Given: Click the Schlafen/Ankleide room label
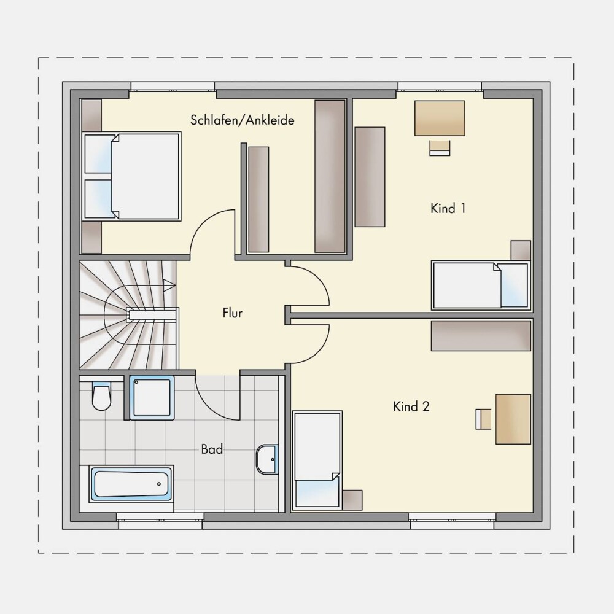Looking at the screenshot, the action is click(x=242, y=120).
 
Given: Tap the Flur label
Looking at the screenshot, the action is click(x=233, y=313).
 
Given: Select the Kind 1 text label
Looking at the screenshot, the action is click(x=448, y=208).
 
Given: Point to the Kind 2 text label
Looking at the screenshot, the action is click(x=411, y=406).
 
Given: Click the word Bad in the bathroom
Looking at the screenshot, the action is click(x=212, y=449).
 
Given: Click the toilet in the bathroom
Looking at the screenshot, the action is click(x=101, y=396).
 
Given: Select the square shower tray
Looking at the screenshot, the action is click(x=152, y=398).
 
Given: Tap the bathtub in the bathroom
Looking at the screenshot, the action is click(x=131, y=484).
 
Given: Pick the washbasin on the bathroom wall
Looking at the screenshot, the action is click(x=268, y=459).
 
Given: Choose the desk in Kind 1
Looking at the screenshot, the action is click(x=440, y=119).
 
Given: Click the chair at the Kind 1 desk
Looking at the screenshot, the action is click(x=440, y=147).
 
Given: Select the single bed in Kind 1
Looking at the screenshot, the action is click(x=481, y=285).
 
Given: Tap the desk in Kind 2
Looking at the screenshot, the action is click(x=513, y=419).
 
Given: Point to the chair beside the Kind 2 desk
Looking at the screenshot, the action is click(x=484, y=419).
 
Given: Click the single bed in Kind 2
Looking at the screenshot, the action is click(x=317, y=460).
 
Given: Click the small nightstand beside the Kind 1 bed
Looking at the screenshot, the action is click(x=521, y=251).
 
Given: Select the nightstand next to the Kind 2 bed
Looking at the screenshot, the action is click(x=352, y=500).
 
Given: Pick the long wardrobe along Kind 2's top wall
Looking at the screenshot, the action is click(x=481, y=336).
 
